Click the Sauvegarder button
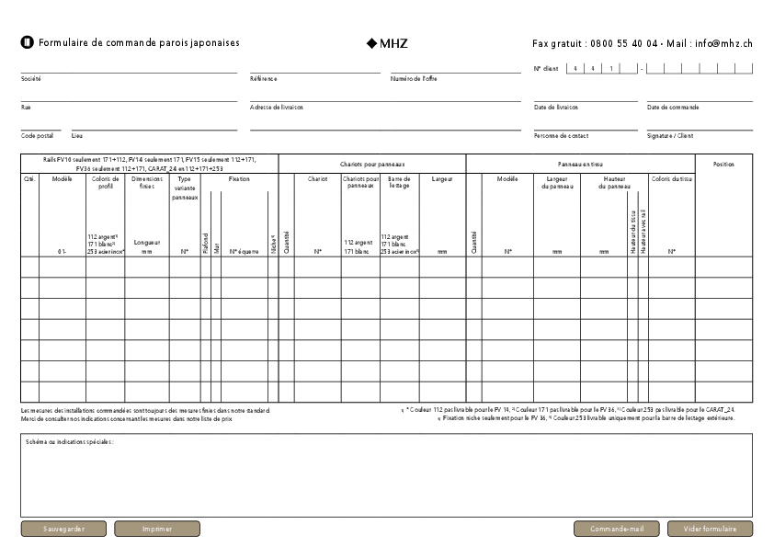tap(64, 530)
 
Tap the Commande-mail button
tap(617, 530)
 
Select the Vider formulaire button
tap(710, 530)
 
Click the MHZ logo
tap(387, 43)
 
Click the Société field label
tap(31, 79)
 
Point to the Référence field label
tap(263, 79)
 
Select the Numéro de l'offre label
tap(414, 79)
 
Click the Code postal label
tap(37, 136)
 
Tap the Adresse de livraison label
tap(277, 108)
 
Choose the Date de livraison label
tap(556, 108)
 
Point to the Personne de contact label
tap(561, 136)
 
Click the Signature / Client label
tap(670, 136)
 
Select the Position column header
tap(723, 165)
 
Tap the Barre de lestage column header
tap(399, 182)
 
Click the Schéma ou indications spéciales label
tap(70, 442)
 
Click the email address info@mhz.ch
tap(723, 43)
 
